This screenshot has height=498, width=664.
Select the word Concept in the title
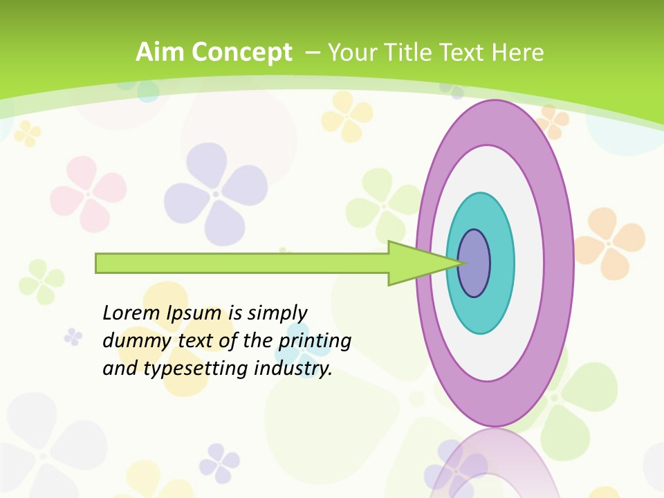(241, 53)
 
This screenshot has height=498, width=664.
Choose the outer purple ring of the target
(560, 263)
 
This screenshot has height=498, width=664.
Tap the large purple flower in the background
(215, 193)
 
